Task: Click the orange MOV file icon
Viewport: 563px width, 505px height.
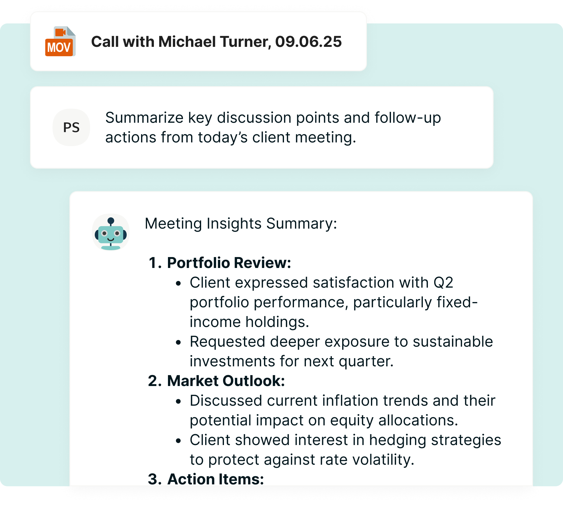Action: tap(60, 42)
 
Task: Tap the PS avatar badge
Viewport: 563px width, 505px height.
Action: tap(71, 127)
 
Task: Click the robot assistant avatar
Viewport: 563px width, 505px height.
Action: tap(111, 233)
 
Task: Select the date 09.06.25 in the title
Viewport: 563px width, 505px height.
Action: tap(308, 42)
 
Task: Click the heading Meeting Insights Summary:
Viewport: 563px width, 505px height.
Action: tap(241, 224)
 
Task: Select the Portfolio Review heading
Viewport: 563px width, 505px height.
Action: tap(229, 263)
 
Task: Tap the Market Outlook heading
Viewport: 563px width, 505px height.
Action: tap(226, 381)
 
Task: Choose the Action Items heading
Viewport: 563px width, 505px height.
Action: tap(216, 479)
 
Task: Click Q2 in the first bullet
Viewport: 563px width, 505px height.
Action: tap(443, 283)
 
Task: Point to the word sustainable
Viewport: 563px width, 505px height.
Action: tap(453, 342)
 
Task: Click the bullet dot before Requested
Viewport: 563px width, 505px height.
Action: tap(178, 343)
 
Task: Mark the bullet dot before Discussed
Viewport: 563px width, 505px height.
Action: tap(178, 402)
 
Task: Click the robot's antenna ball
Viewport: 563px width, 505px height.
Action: tap(111, 221)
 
